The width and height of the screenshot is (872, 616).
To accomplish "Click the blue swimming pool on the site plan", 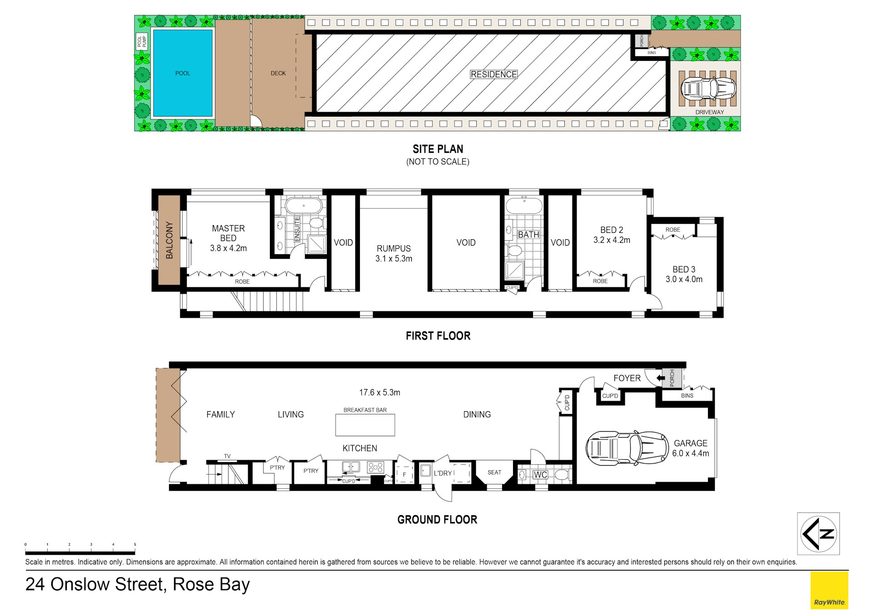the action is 183,73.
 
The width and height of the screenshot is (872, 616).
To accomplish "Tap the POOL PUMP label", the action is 142,42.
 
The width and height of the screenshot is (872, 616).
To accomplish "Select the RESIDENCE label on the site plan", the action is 493,74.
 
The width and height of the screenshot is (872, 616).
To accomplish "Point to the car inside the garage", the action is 627,448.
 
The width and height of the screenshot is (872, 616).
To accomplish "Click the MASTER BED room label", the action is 228,233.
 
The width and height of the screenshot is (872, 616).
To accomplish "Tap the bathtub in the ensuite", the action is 304,206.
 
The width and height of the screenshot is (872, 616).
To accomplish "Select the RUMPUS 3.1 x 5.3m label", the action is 394,253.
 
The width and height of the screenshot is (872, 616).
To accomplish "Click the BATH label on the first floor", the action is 528,235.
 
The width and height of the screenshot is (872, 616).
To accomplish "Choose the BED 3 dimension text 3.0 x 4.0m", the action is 684,279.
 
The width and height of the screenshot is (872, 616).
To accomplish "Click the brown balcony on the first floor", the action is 169,240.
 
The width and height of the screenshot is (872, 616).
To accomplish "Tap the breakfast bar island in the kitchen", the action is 365,425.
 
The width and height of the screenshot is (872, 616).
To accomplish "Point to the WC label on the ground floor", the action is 540,475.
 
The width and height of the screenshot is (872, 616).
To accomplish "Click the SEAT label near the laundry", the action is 494,473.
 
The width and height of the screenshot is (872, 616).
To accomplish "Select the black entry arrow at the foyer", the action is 661,378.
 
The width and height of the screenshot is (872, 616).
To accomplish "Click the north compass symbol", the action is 818,533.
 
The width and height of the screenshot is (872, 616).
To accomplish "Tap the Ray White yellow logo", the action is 829,590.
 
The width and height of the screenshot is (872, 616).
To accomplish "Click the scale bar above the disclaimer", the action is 80,553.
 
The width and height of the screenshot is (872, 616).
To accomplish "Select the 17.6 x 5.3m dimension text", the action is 379,393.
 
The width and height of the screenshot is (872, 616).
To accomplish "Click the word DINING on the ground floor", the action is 477,414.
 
